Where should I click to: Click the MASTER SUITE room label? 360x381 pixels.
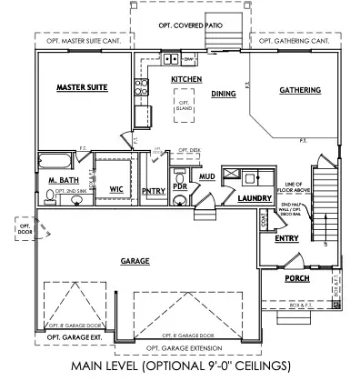83,87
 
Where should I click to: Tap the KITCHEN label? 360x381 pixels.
185,81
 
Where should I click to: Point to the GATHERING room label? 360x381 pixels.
298,91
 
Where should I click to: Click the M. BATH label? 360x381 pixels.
60,182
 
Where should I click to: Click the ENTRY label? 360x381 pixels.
286,239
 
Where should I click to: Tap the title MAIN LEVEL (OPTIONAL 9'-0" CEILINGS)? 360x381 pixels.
179,366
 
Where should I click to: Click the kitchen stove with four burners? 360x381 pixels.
142,88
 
